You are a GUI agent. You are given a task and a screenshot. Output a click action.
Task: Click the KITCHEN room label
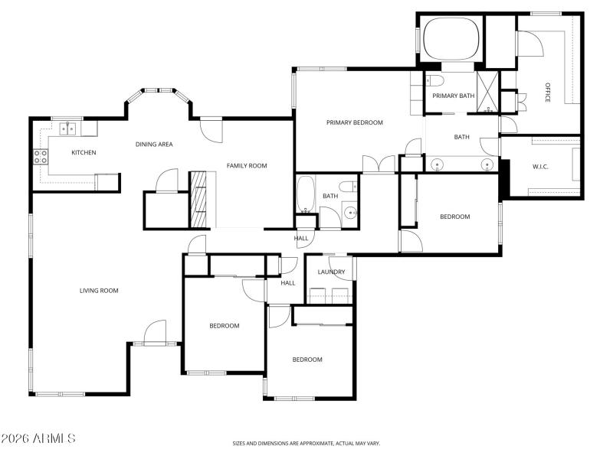(x=84, y=152)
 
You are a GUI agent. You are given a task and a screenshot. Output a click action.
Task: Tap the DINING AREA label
(x=153, y=144)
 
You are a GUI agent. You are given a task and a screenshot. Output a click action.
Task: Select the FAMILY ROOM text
(x=246, y=165)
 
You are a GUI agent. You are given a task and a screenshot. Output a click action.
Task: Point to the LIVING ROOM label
(x=99, y=290)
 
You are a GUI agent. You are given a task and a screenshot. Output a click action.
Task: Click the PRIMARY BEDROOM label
(x=354, y=122)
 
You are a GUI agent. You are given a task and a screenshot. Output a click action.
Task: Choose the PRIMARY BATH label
(x=453, y=96)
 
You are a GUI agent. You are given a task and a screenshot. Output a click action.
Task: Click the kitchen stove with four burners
(x=40, y=157)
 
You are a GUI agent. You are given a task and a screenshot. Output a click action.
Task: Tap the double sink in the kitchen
(x=66, y=129)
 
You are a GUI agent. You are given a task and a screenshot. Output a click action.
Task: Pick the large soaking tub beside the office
(x=451, y=39)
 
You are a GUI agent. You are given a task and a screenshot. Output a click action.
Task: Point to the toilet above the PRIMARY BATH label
(x=434, y=80)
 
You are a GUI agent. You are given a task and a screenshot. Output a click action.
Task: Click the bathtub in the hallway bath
(x=305, y=194)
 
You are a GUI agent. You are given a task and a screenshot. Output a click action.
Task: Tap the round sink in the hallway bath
(x=351, y=213)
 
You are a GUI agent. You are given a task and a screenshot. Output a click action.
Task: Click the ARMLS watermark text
(x=38, y=439)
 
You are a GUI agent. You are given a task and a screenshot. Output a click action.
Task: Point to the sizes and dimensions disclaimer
(x=306, y=443)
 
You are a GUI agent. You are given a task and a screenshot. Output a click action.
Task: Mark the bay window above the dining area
(x=158, y=93)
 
